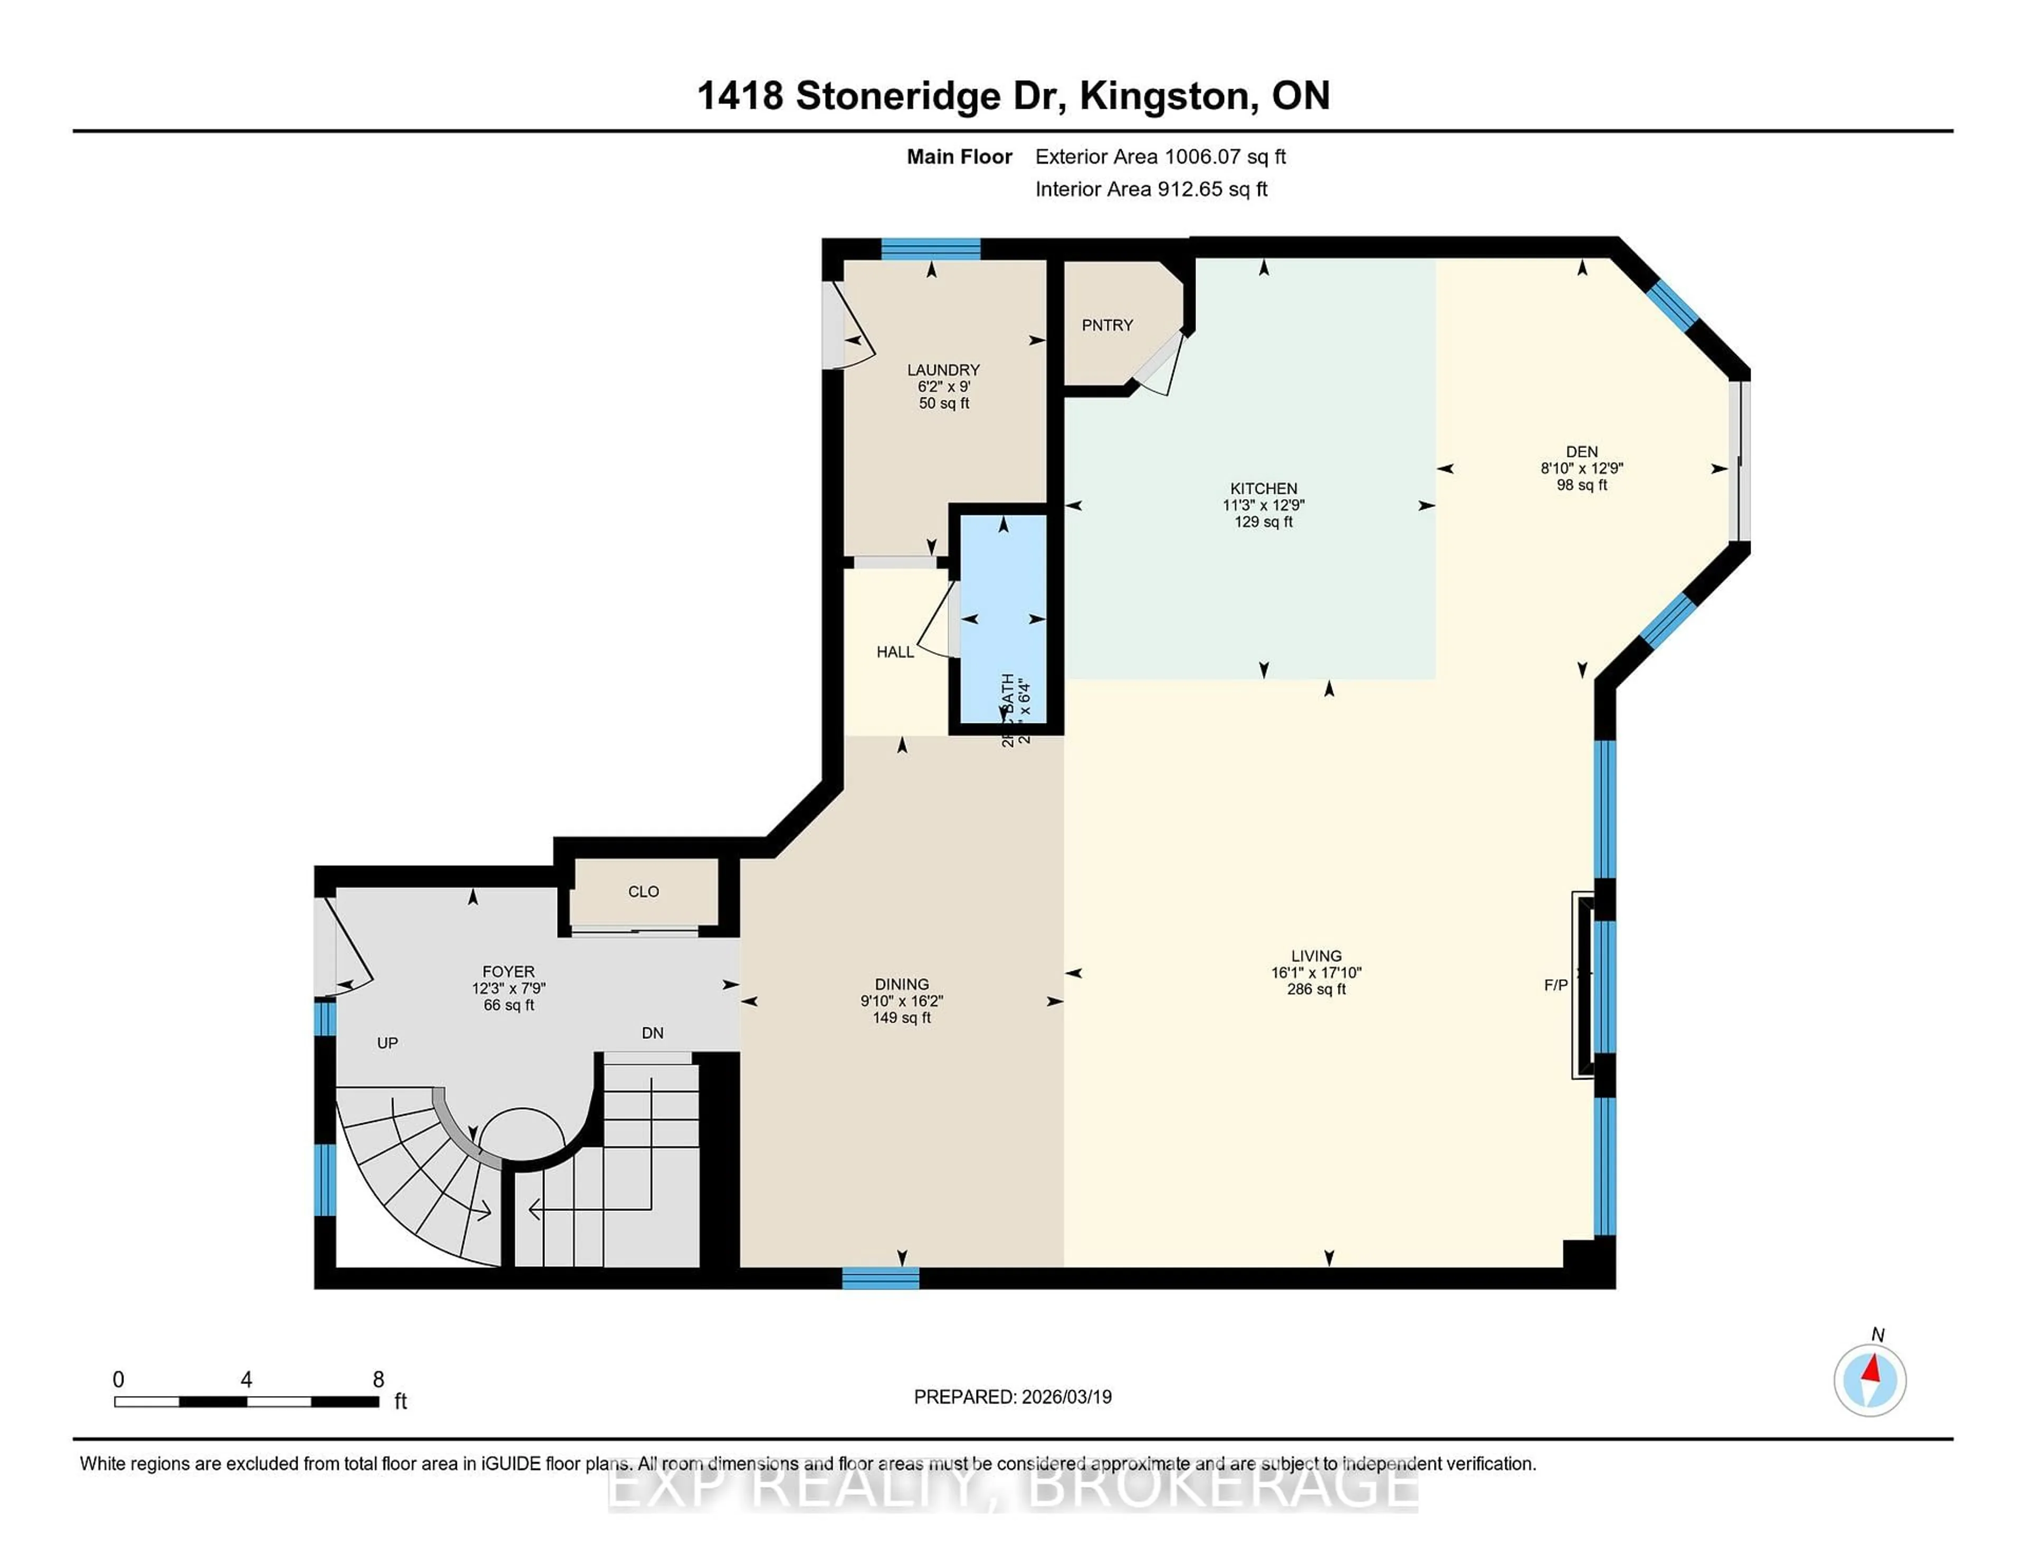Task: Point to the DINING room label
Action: (x=901, y=985)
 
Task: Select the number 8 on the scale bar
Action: (x=378, y=1380)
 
